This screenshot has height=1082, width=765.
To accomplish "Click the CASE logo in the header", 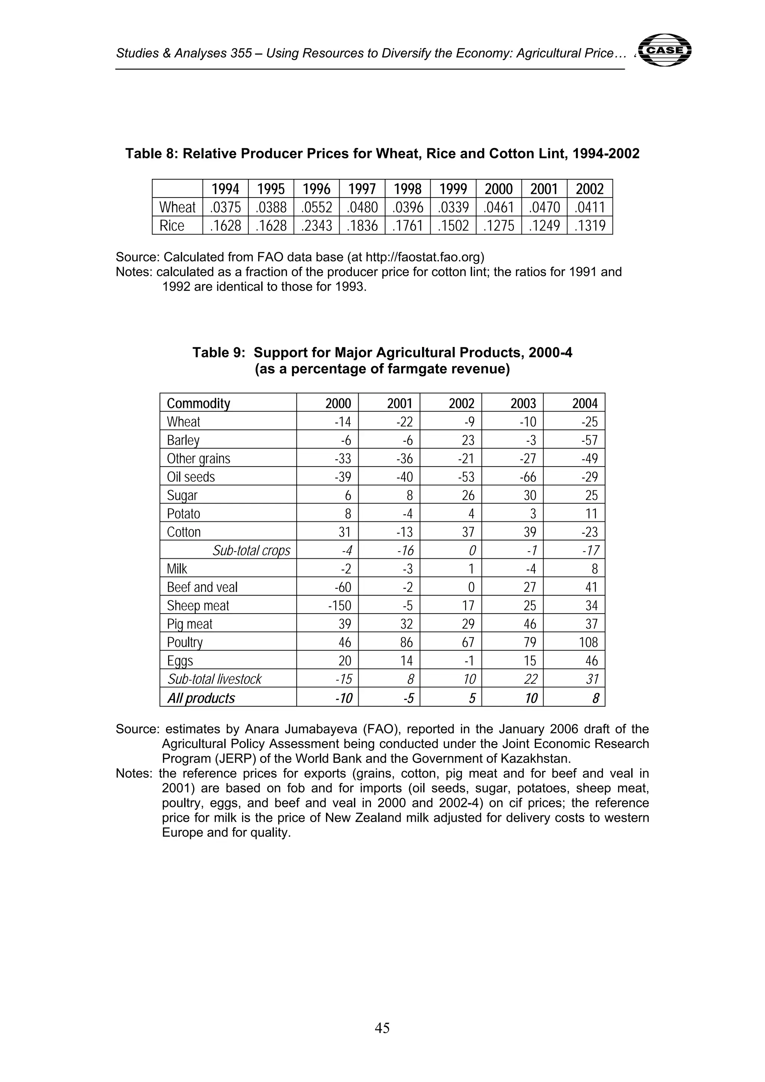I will click(x=665, y=49).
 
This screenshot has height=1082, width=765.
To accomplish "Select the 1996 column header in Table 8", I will click(x=316, y=189).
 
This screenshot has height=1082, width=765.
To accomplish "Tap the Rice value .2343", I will click(x=316, y=226).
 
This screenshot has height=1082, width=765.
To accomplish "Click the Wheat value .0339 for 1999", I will click(x=453, y=207).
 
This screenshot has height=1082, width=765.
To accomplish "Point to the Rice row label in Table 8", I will click(x=172, y=226).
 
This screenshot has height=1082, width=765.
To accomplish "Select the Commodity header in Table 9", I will click(x=198, y=403).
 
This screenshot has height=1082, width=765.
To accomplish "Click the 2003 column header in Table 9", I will click(x=523, y=403).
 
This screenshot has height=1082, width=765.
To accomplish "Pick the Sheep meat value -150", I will click(x=340, y=605).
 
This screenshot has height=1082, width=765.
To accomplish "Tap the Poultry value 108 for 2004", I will click(x=588, y=642).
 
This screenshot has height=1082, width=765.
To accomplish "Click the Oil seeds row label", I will click(x=191, y=477).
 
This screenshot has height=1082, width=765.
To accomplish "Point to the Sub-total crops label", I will click(x=251, y=551).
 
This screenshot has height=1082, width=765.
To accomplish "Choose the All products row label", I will click(x=201, y=698).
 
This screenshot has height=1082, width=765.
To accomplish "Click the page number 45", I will click(x=382, y=1028).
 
